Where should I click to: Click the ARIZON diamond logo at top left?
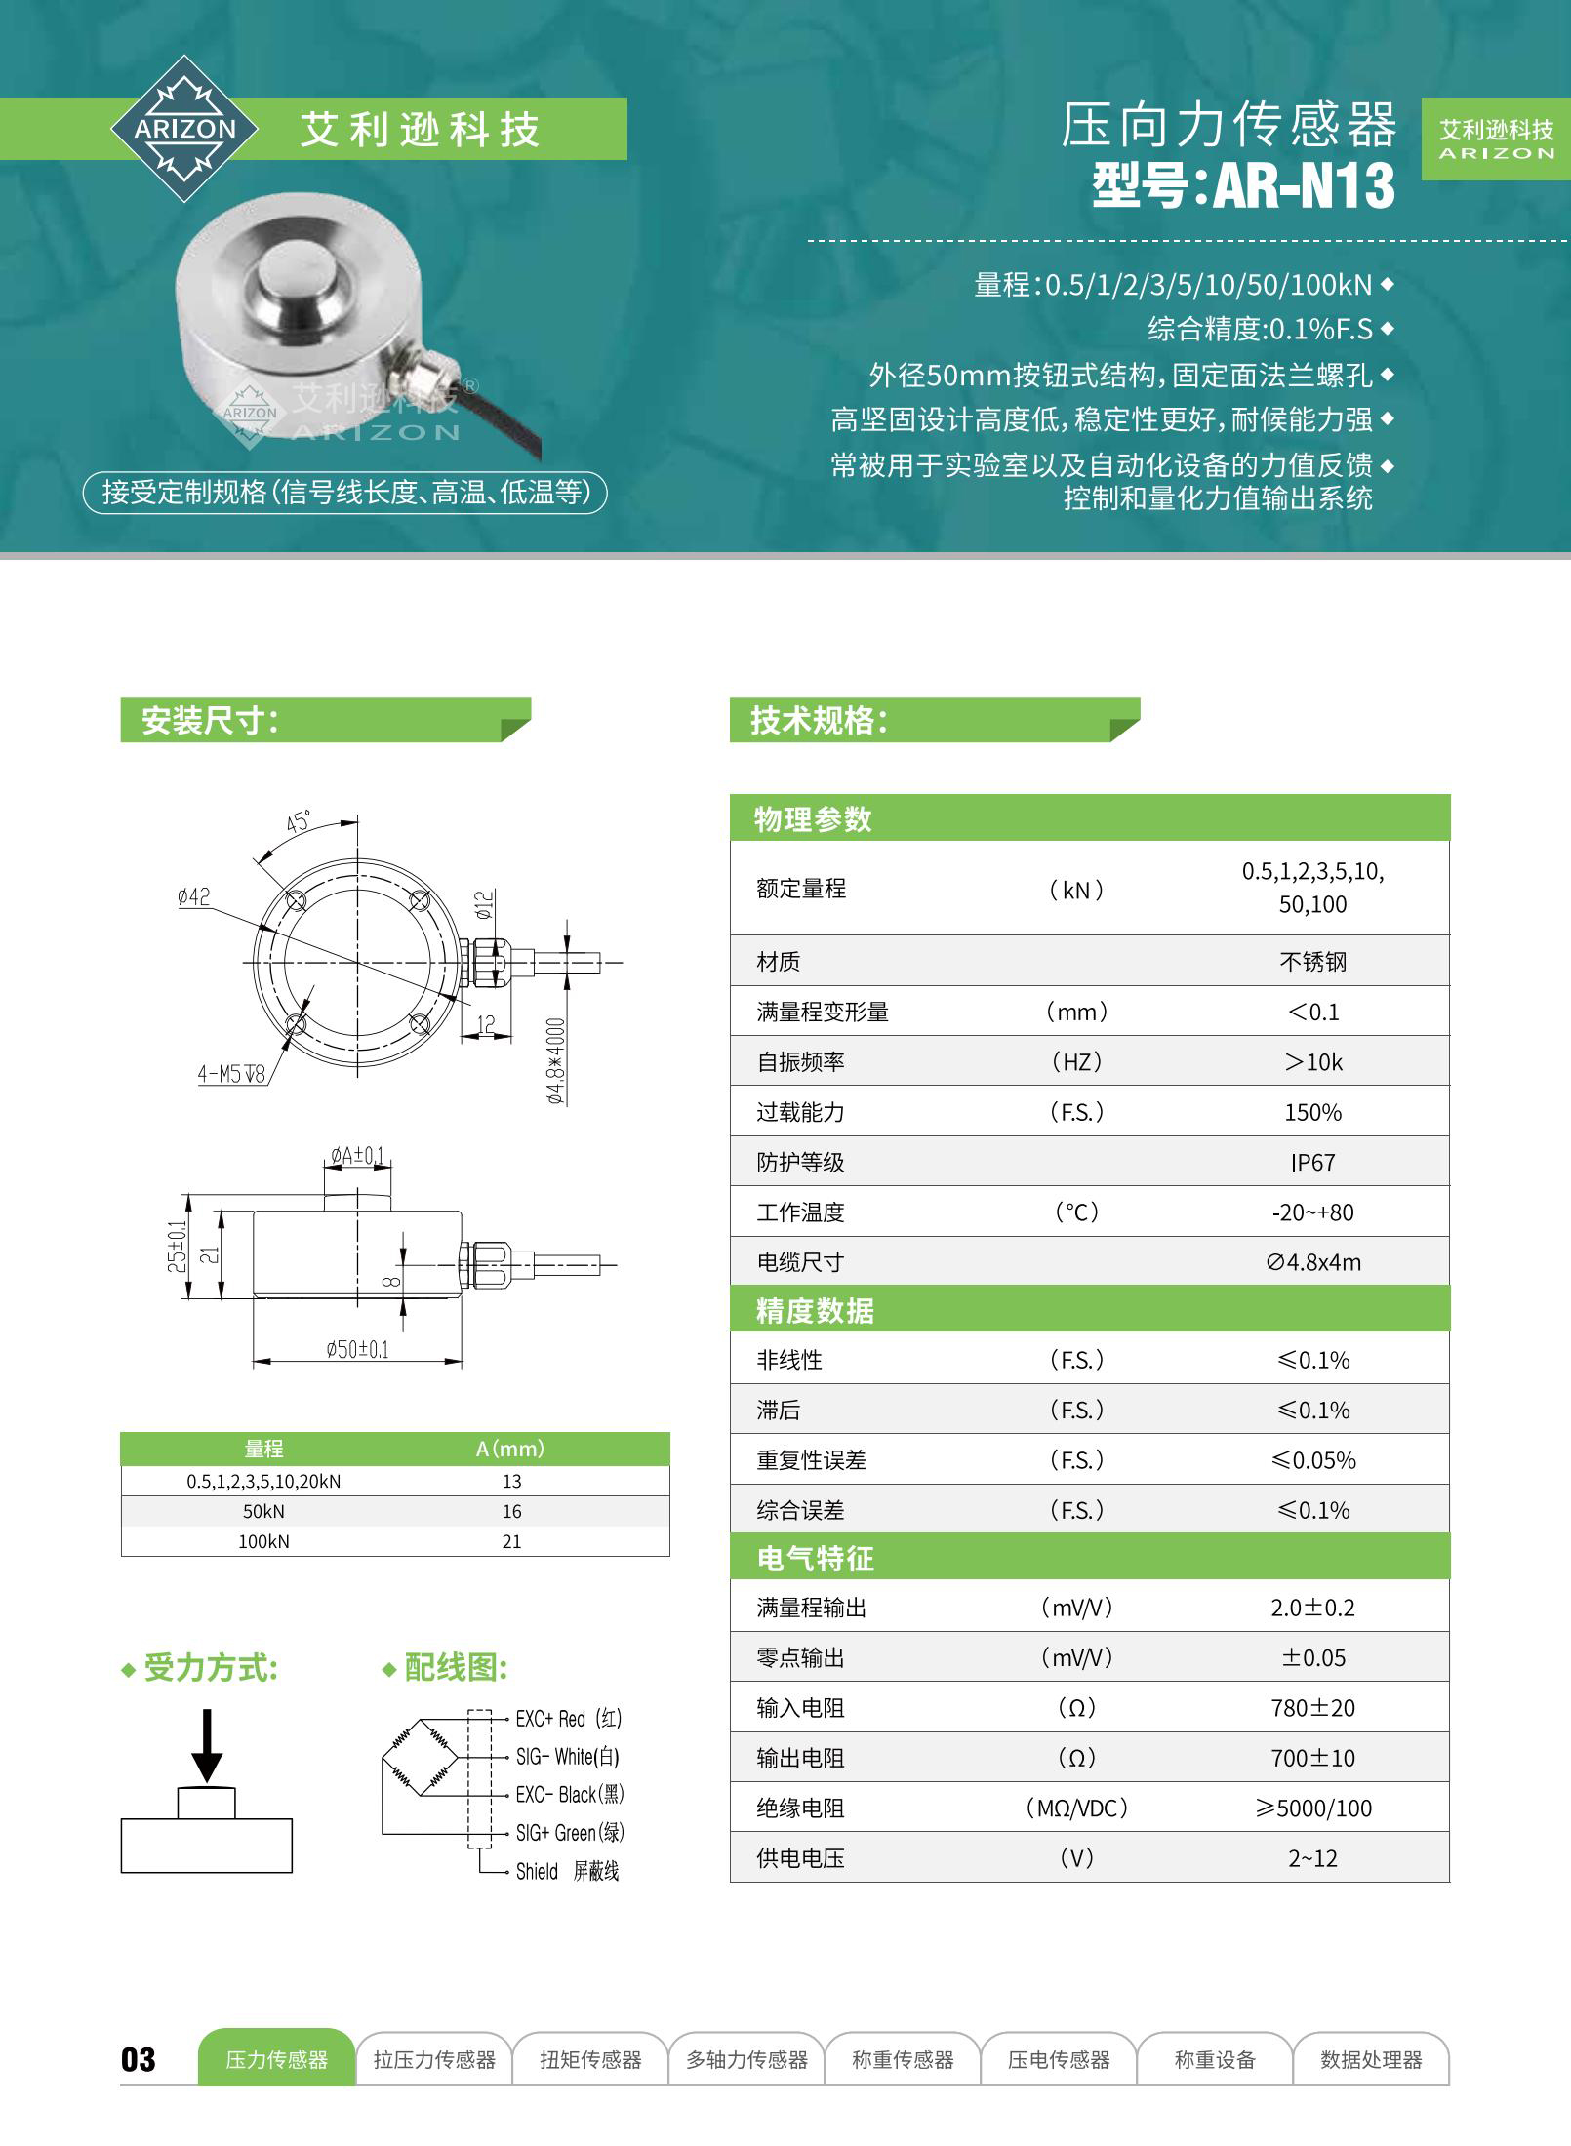tap(184, 129)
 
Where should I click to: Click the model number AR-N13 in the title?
tap(1305, 185)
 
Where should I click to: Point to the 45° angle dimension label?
tap(298, 821)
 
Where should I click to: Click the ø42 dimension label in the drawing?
tap(193, 896)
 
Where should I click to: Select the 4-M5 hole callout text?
tap(231, 1075)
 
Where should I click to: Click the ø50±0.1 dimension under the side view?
tap(357, 1349)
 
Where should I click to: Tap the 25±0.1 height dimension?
tap(177, 1246)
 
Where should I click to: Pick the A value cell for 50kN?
tap(511, 1511)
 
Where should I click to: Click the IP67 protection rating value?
tap(1312, 1162)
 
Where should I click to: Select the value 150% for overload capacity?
tap(1312, 1112)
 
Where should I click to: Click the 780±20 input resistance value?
tap(1312, 1708)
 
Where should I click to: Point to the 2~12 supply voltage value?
tap(1312, 1858)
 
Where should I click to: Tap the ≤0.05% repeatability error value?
tap(1312, 1460)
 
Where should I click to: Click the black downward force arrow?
tap(207, 1746)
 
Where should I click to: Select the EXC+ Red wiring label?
tap(568, 1719)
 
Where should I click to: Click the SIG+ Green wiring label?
tap(569, 1833)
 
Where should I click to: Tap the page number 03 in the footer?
tap(139, 2059)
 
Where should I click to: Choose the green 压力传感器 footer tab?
tap(277, 2059)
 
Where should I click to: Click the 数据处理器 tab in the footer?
tap(1371, 2059)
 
